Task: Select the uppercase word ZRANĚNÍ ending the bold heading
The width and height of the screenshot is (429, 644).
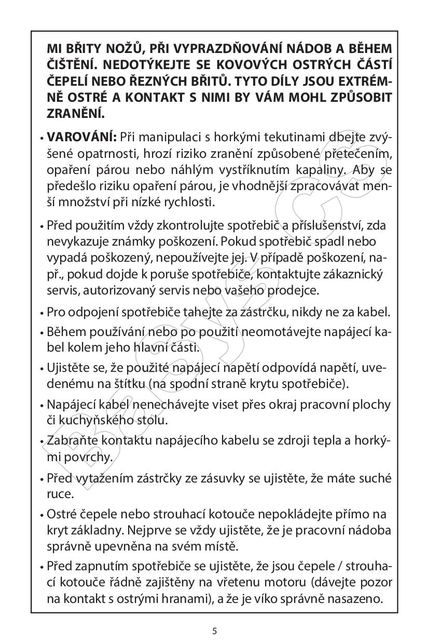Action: click(75, 113)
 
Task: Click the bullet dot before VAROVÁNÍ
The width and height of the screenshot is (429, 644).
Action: click(41, 139)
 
